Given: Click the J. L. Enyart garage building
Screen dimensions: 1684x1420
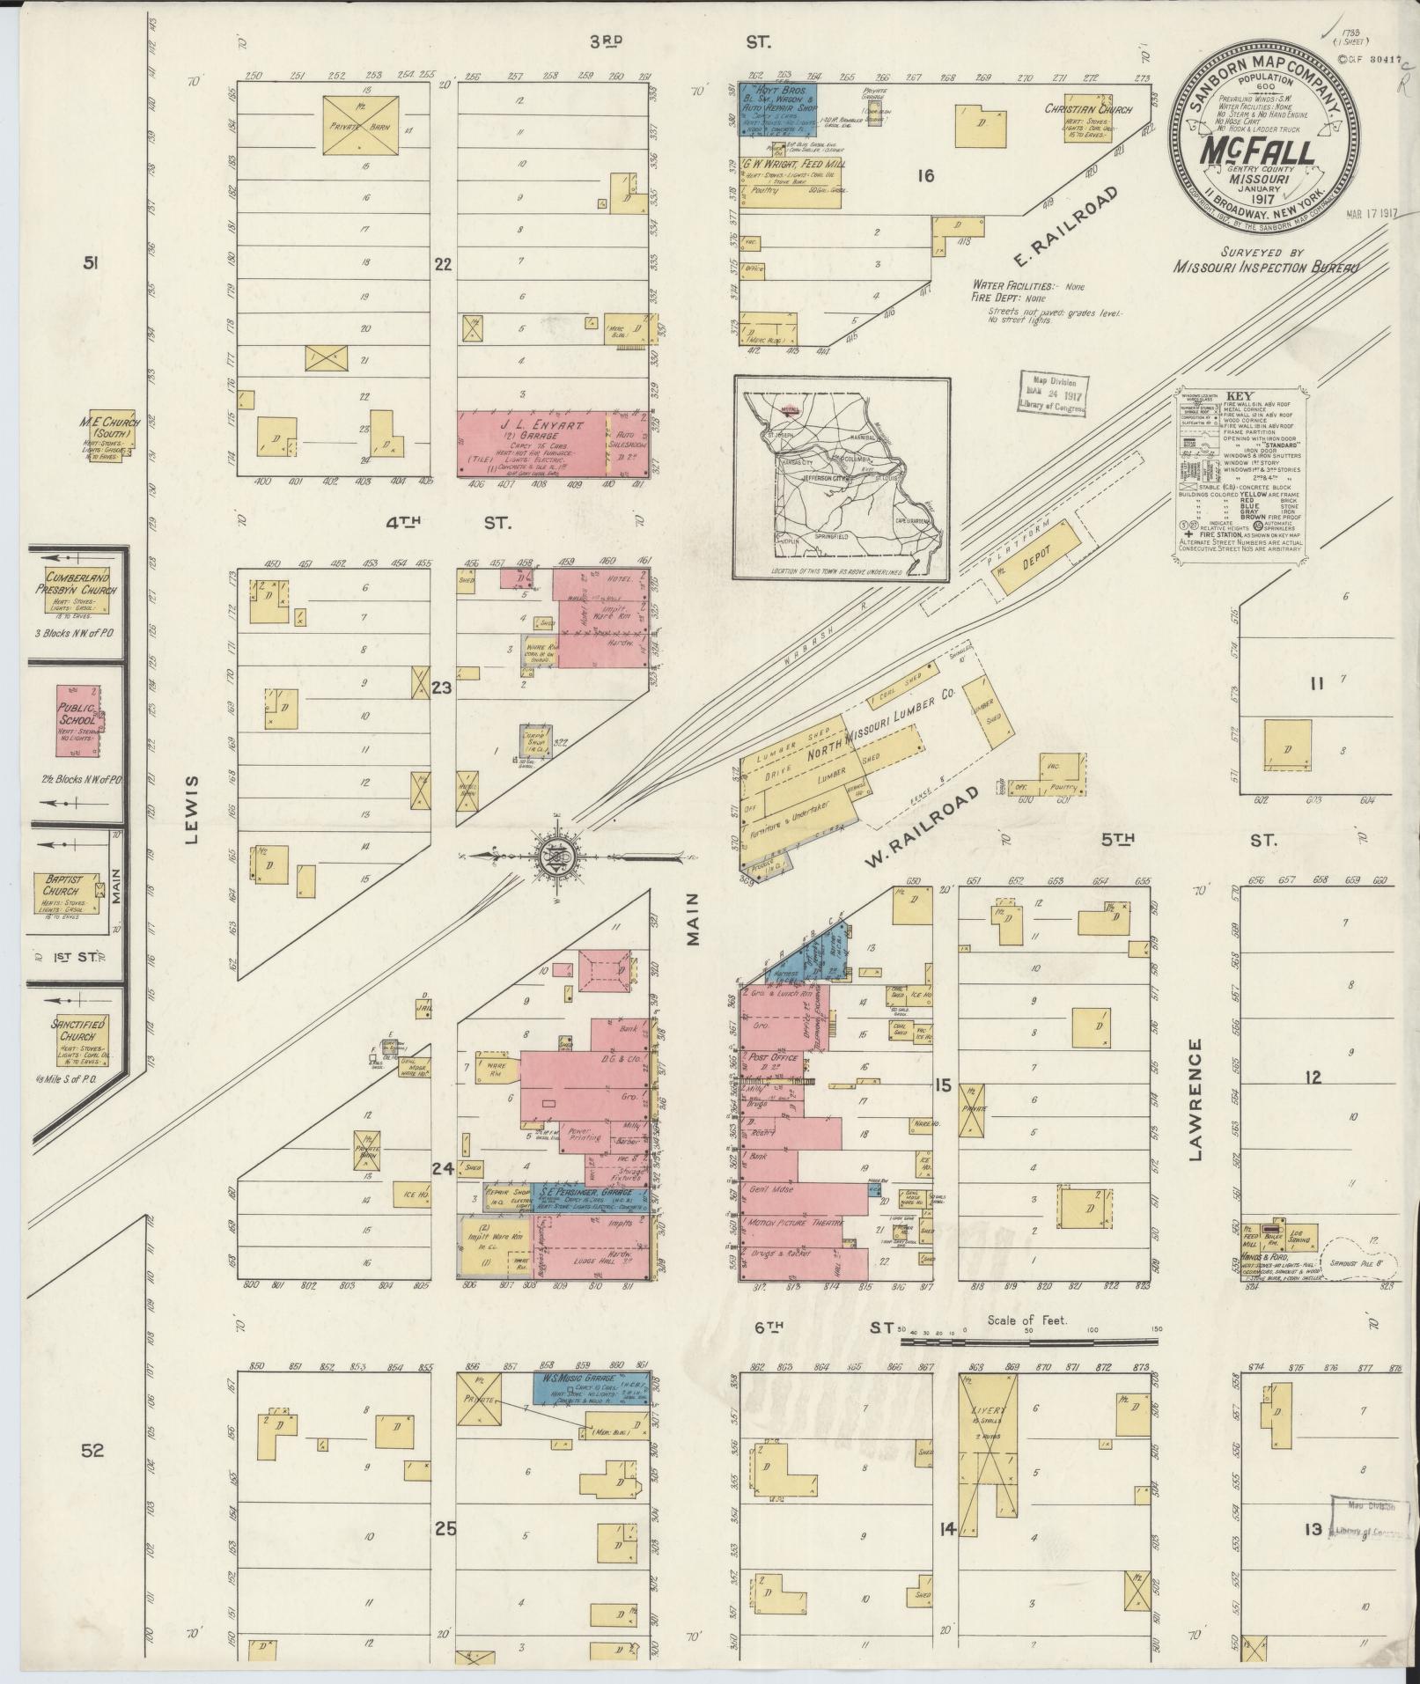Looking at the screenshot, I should pos(533,444).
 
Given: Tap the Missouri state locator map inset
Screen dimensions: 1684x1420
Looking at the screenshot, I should pos(842,480).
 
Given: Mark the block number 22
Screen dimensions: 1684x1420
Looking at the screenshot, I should pos(443,263).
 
